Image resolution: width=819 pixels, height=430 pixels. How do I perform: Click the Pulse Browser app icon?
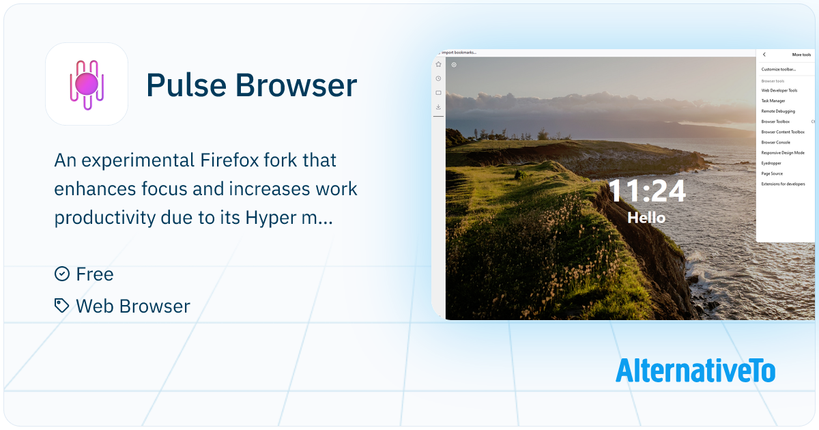(x=87, y=84)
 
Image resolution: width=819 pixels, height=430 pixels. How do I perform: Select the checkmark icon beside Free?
(x=61, y=274)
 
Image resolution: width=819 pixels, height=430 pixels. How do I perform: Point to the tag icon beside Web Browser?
(x=61, y=305)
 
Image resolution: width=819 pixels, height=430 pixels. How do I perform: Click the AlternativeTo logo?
(x=695, y=371)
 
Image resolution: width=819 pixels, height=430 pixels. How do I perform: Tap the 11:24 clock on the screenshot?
(x=646, y=191)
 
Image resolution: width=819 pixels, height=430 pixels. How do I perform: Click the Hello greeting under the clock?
(x=646, y=218)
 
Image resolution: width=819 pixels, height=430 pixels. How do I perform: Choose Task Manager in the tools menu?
(x=773, y=101)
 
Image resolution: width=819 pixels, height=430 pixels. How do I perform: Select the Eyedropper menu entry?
(x=771, y=163)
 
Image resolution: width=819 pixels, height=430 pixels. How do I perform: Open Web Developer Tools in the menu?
(x=779, y=90)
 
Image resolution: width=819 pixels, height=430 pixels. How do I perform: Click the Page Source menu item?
(x=772, y=173)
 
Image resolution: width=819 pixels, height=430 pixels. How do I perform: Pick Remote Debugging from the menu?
(x=778, y=111)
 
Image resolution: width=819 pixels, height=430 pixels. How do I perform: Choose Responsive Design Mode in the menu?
(x=783, y=153)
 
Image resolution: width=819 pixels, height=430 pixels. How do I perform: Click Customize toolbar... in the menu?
(x=778, y=69)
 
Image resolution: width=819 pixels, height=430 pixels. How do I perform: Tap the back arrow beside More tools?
(x=764, y=55)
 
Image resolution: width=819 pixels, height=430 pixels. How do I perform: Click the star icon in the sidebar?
(x=438, y=64)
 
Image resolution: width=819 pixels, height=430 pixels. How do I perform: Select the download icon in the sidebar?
(x=438, y=106)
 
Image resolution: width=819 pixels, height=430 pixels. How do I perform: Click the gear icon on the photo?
(x=454, y=65)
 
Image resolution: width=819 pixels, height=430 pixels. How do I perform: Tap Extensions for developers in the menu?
(x=783, y=184)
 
